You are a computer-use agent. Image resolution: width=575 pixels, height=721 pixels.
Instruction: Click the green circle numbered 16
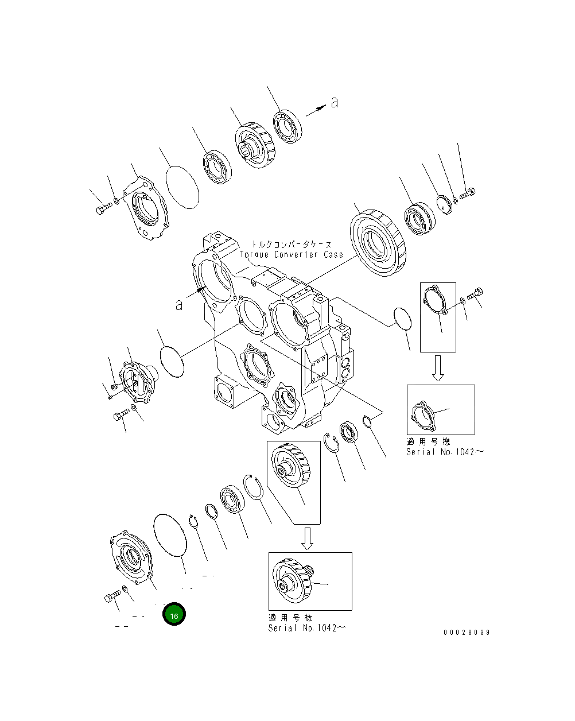point(174,615)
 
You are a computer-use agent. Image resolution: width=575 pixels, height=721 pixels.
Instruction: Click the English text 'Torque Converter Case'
point(291,254)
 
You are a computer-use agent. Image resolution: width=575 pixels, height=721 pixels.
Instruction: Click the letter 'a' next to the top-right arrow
point(334,103)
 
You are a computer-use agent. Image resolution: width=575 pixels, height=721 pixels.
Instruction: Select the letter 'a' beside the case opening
point(179,304)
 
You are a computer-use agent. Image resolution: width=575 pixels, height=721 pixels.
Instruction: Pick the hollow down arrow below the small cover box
point(438,367)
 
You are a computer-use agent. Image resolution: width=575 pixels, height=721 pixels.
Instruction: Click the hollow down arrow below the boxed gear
point(308,538)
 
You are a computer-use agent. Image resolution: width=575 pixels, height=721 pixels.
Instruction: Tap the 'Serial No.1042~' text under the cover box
point(445,452)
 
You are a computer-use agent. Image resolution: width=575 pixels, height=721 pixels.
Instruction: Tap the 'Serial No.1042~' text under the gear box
point(307,627)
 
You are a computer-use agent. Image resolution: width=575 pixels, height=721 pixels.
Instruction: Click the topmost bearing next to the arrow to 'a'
point(287,128)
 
